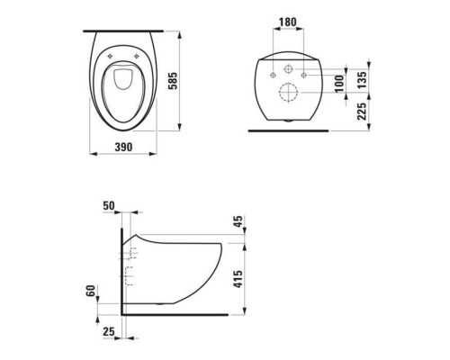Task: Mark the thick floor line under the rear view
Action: [x=288, y=129]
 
